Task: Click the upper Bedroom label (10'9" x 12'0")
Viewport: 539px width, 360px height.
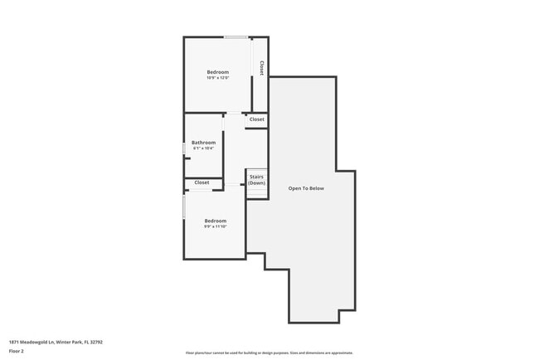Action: tap(217, 72)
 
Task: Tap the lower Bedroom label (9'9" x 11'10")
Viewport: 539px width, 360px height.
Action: tap(216, 220)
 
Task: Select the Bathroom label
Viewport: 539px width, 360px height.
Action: tap(203, 143)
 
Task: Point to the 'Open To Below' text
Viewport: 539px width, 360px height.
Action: tap(306, 188)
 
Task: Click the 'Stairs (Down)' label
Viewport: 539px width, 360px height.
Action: tap(256, 179)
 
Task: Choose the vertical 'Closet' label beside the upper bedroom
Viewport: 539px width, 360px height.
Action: tap(261, 68)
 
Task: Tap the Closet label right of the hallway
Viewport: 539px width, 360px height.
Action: tap(257, 119)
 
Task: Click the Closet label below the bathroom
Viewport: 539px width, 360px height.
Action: tap(202, 182)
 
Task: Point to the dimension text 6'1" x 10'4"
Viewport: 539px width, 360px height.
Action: tap(203, 148)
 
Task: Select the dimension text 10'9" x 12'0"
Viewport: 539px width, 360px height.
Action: tap(217, 78)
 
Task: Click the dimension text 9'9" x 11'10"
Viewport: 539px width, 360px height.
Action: tap(216, 226)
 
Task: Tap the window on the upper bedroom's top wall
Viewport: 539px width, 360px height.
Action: tap(236, 36)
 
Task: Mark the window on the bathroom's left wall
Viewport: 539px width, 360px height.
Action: tap(184, 148)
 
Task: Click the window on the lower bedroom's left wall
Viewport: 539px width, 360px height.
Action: tap(184, 207)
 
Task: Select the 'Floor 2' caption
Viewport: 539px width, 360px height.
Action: tap(17, 352)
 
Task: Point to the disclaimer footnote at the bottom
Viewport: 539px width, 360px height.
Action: tap(269, 353)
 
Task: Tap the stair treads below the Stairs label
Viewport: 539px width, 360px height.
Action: tap(256, 192)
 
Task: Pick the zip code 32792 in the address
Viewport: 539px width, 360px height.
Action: tap(96, 341)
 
